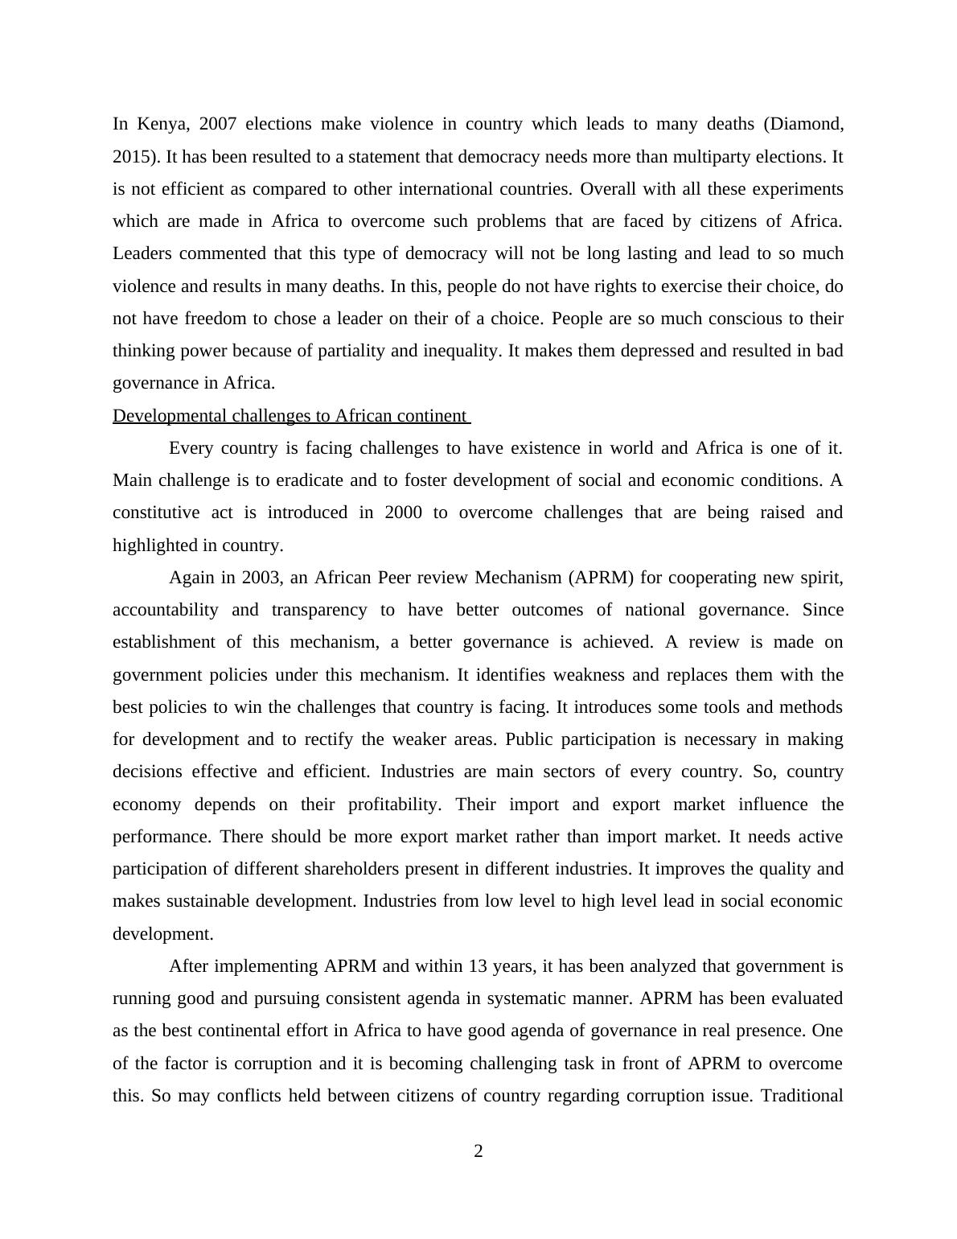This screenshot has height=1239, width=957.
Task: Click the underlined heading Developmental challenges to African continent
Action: click(290, 416)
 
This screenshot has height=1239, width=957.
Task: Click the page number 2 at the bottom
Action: click(478, 1151)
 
